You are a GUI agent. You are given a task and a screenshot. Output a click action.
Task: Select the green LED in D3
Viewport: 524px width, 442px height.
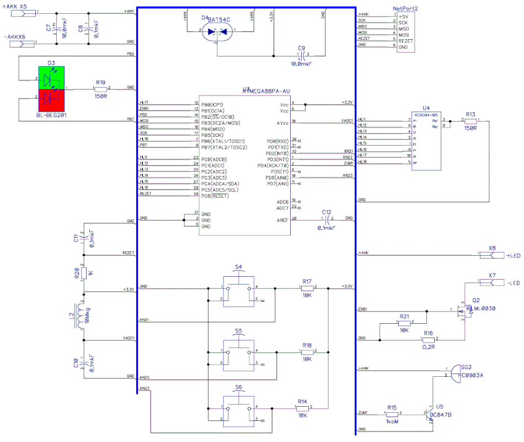51,78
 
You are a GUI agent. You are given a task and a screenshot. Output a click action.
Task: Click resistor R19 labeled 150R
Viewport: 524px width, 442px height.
100,88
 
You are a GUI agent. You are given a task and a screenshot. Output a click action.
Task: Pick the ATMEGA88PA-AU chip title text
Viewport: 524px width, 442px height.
267,90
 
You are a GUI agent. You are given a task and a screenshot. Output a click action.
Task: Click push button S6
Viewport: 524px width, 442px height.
239,408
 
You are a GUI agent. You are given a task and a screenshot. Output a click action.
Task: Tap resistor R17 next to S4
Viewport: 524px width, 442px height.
307,288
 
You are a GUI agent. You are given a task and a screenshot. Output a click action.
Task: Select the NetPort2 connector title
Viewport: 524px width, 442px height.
405,9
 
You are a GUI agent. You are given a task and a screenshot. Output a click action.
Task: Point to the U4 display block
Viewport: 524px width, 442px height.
425,141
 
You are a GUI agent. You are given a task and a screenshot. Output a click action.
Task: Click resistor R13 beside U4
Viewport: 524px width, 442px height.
470,120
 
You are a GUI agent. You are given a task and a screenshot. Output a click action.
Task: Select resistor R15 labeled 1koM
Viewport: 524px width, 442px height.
392,413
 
